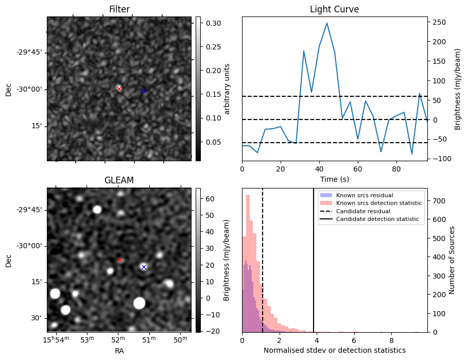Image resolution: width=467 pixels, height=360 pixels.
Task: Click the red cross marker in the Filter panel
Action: pyautogui.click(x=119, y=89)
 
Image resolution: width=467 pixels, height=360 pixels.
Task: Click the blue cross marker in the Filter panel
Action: pyautogui.click(x=143, y=91)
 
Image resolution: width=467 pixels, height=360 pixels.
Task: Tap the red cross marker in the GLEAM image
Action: pyautogui.click(x=119, y=260)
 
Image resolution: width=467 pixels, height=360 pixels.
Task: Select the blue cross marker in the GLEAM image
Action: pyautogui.click(x=144, y=267)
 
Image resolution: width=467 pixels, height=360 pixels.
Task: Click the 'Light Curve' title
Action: pyautogui.click(x=334, y=9)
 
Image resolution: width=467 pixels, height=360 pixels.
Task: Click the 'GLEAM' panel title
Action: pyautogui.click(x=119, y=180)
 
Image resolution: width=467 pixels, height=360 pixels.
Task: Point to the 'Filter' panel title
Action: pyautogui.click(x=119, y=9)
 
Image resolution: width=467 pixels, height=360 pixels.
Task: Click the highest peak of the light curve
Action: pyautogui.click(x=327, y=23)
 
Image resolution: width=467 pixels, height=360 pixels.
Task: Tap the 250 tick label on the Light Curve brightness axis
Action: pyautogui.click(x=438, y=22)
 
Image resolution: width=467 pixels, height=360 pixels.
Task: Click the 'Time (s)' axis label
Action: pyautogui.click(x=334, y=178)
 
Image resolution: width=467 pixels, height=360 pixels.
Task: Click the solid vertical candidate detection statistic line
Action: pyautogui.click(x=314, y=268)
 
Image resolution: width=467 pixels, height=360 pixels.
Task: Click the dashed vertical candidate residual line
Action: pyautogui.click(x=263, y=268)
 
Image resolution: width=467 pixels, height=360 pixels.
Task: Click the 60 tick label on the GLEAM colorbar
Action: pyautogui.click(x=211, y=199)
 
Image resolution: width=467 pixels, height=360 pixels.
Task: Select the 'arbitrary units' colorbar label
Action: pyautogui.click(x=227, y=89)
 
